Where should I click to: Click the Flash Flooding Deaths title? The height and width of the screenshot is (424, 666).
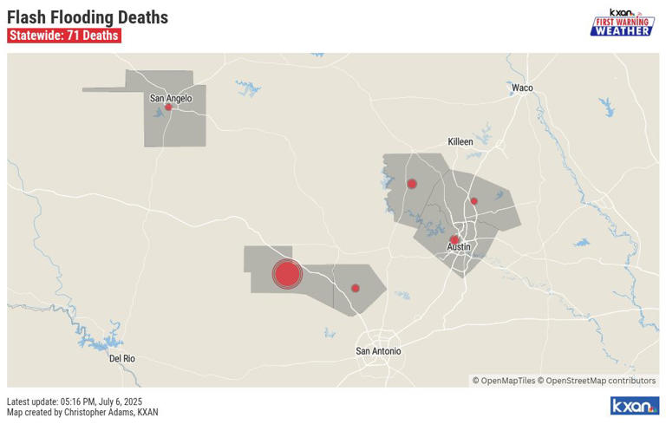tap(88, 17)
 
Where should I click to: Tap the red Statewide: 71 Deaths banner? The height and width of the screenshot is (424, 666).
tap(63, 36)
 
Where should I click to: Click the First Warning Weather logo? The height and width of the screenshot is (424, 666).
tap(622, 23)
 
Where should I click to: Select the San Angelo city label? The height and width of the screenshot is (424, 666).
tap(171, 98)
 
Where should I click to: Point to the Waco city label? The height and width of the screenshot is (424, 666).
tap(522, 88)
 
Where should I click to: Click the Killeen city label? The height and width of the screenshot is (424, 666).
tap(460, 141)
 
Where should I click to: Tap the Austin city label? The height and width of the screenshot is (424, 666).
tap(459, 247)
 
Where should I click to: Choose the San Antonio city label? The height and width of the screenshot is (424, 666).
tap(379, 351)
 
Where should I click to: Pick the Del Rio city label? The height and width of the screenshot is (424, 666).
tap(122, 358)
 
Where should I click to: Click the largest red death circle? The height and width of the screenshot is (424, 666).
tap(287, 274)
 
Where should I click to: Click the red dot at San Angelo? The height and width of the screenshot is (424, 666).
tap(168, 108)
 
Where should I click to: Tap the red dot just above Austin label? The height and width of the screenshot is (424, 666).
tap(454, 239)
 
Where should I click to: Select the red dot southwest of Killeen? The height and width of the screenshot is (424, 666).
tap(412, 184)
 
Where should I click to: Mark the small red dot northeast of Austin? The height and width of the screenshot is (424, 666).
tap(473, 201)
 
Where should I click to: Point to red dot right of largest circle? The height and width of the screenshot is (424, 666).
tap(355, 288)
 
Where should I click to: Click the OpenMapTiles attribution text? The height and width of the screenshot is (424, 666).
tap(503, 381)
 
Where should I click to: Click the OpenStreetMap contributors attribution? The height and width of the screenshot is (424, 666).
tap(600, 381)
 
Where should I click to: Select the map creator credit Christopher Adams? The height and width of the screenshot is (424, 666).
tap(82, 413)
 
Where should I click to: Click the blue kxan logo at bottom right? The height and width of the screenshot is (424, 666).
tap(635, 406)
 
